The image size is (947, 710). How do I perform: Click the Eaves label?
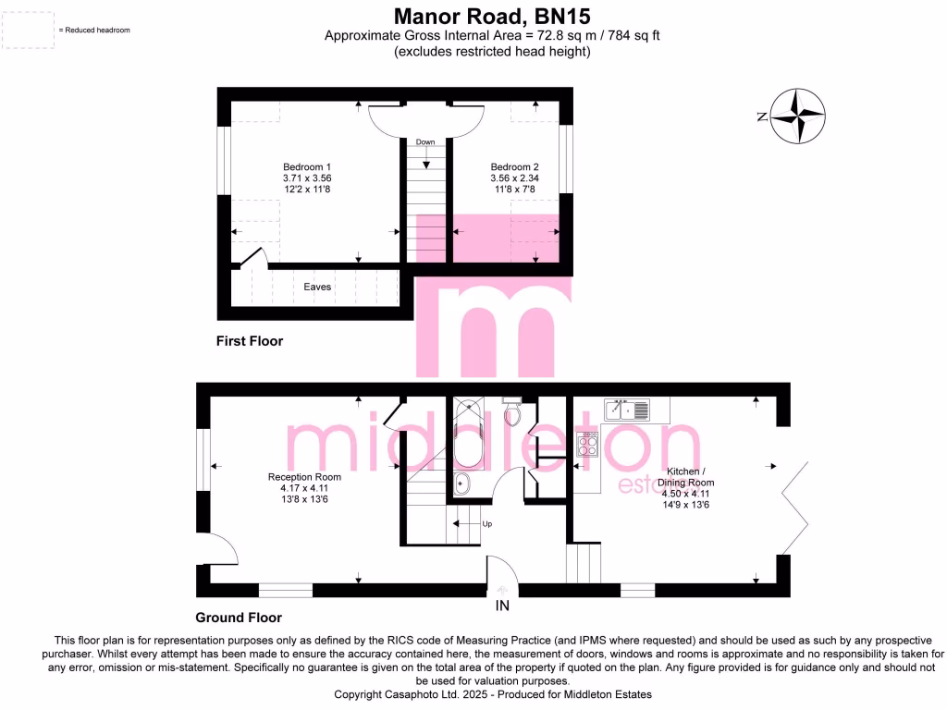pos(317,287)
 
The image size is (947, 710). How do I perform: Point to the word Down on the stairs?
pos(425,142)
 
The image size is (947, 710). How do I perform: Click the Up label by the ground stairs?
pos(486,524)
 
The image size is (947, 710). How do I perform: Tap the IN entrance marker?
pos(502,606)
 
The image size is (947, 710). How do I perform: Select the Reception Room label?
pos(299,478)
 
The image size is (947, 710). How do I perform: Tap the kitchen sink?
pos(625,409)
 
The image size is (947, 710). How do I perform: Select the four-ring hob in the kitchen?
pos(587,447)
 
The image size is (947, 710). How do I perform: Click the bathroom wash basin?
pos(463,484)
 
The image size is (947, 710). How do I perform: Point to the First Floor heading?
pos(250,341)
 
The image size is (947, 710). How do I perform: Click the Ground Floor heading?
pos(239,618)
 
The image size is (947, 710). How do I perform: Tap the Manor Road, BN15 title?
pos(491,17)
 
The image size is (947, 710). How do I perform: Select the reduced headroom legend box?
pos(28,30)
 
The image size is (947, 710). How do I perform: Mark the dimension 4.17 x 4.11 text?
pos(299,488)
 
